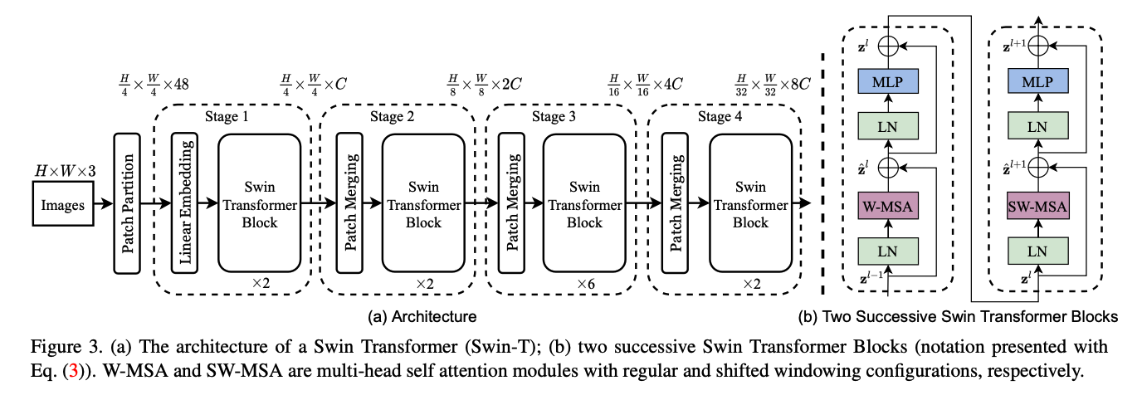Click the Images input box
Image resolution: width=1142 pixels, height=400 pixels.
point(63,204)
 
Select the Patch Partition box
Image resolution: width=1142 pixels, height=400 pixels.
point(126,203)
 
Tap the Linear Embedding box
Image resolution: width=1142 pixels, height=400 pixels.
point(184,203)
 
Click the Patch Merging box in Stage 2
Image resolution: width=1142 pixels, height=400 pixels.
point(349,203)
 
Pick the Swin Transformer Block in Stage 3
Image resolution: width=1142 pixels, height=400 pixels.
point(584,203)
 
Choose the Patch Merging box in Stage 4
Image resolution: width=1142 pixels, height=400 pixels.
point(675,203)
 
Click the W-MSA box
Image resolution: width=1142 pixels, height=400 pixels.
point(887,206)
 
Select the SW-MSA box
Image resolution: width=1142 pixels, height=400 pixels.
point(1038,206)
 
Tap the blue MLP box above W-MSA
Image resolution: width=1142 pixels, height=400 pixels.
point(887,81)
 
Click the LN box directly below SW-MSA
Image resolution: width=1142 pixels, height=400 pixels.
point(1038,251)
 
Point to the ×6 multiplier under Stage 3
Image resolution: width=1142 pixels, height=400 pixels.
point(586,284)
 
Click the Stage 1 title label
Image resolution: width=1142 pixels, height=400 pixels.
point(227,117)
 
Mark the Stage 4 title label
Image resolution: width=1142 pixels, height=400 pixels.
point(720,117)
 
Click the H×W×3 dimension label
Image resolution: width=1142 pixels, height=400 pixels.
point(65,171)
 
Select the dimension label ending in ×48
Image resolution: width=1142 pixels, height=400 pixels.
point(154,85)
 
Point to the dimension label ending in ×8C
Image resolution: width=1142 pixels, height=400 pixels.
point(773,85)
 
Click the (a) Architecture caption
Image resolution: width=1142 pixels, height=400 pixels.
point(422,316)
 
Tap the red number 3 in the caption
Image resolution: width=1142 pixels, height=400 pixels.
point(73,371)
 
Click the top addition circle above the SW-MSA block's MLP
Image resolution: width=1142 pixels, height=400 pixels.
point(1038,46)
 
